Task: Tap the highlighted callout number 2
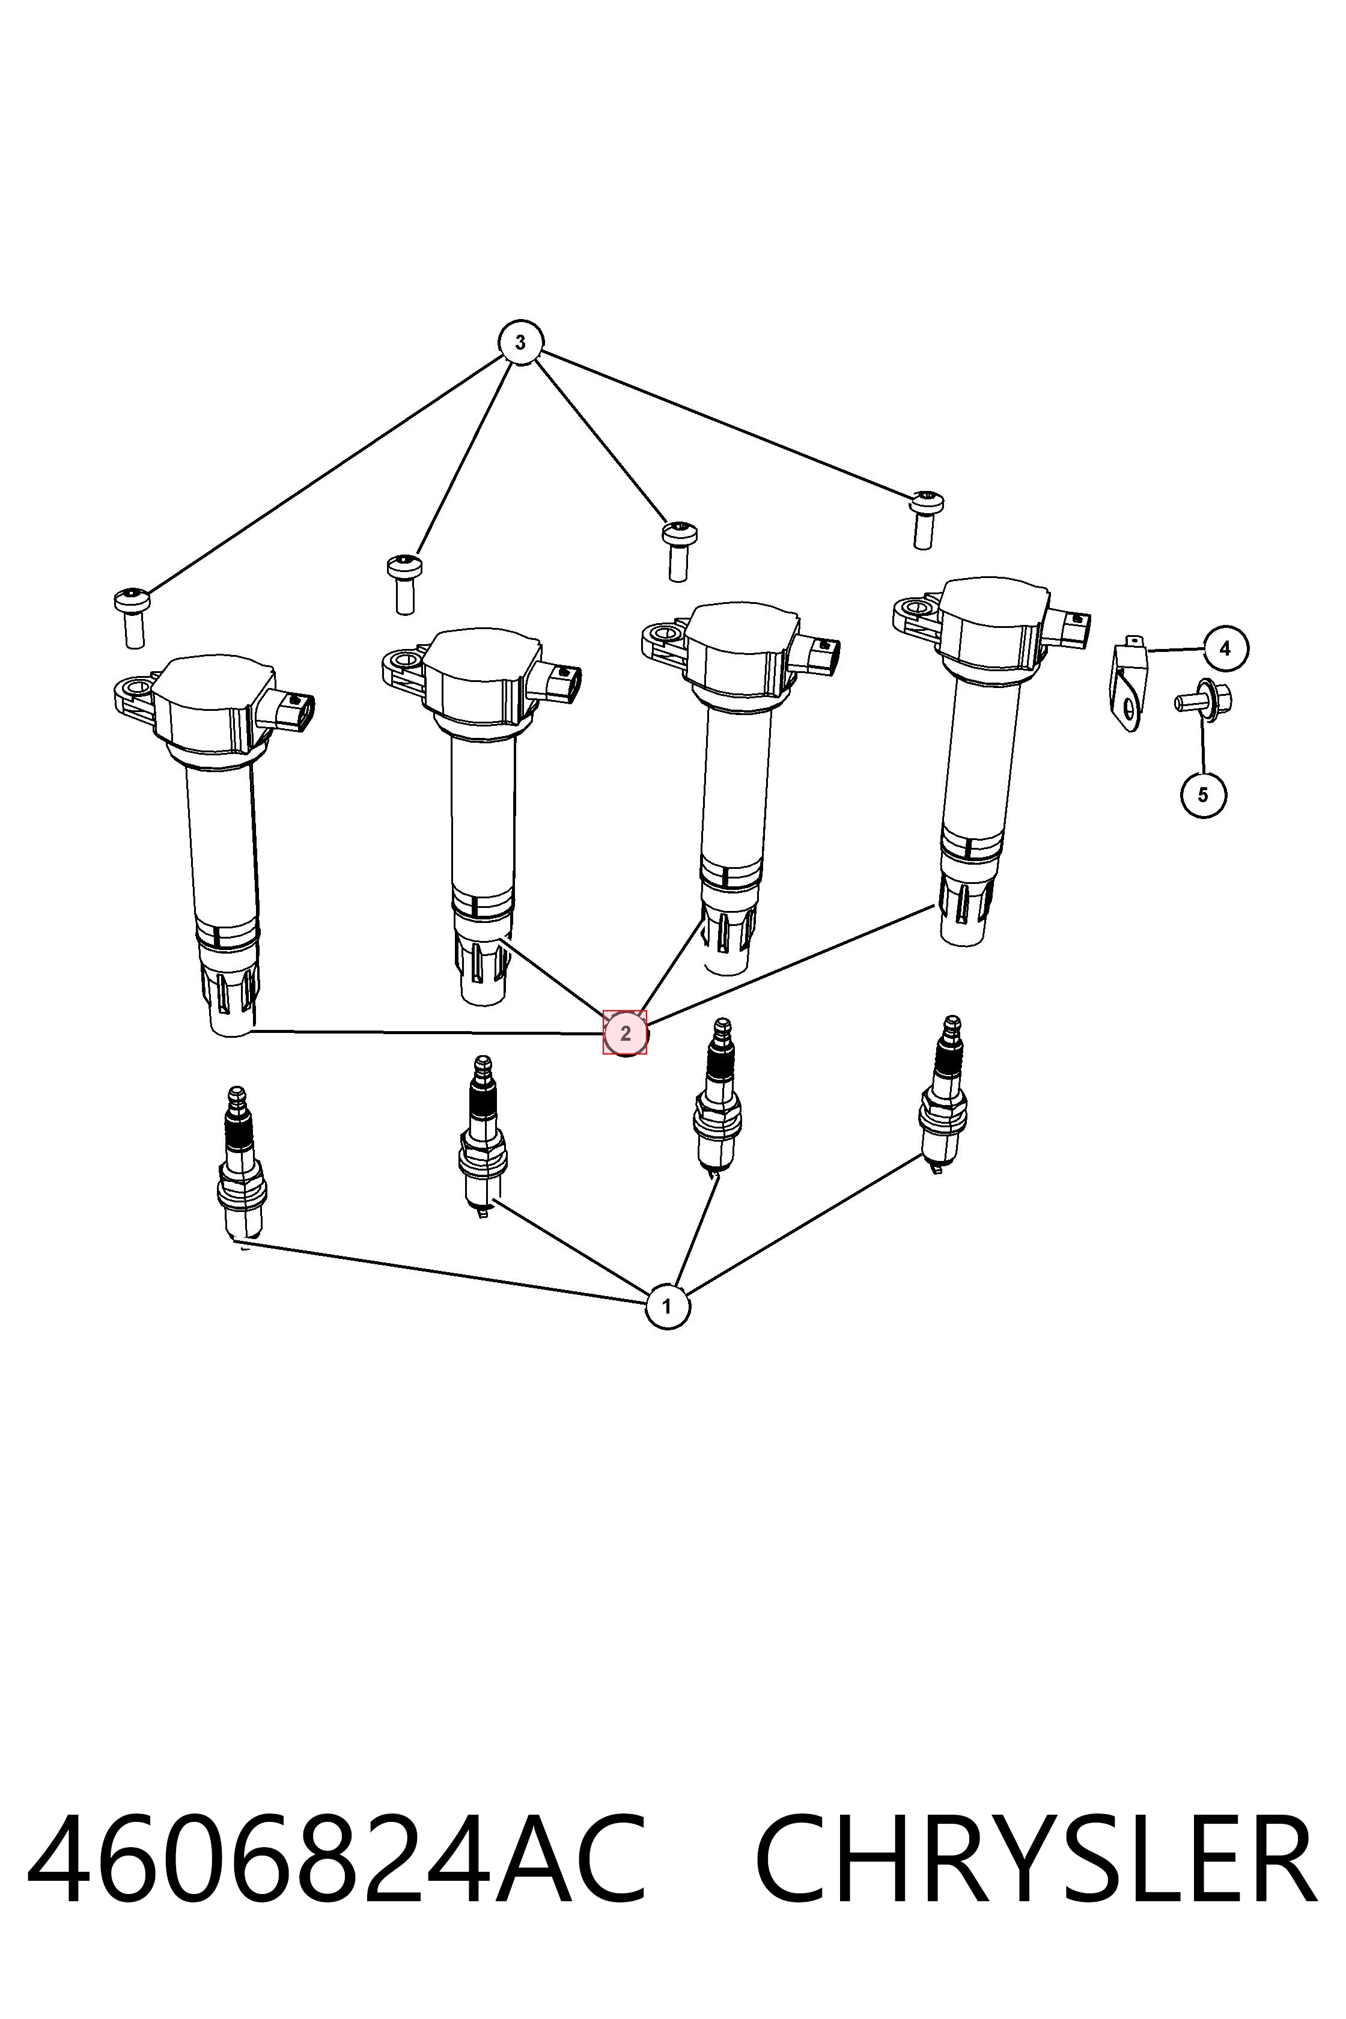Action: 625,1034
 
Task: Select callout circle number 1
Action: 667,1306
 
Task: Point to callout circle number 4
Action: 1225,649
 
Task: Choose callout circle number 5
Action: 1202,795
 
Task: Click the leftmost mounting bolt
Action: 132,617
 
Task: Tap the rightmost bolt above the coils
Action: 925,519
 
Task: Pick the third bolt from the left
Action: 679,551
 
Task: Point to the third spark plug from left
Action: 717,1095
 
